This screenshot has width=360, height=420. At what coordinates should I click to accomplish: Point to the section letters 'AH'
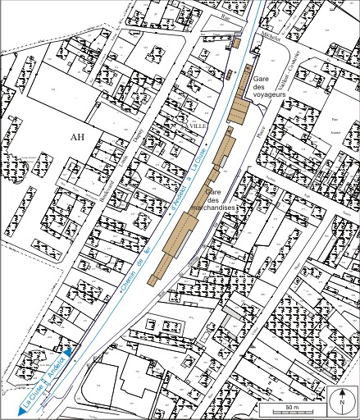coord(79,137)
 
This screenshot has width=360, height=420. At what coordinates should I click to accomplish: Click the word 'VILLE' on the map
coord(198,125)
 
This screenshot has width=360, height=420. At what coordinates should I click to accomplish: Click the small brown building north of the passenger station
coord(238,42)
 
